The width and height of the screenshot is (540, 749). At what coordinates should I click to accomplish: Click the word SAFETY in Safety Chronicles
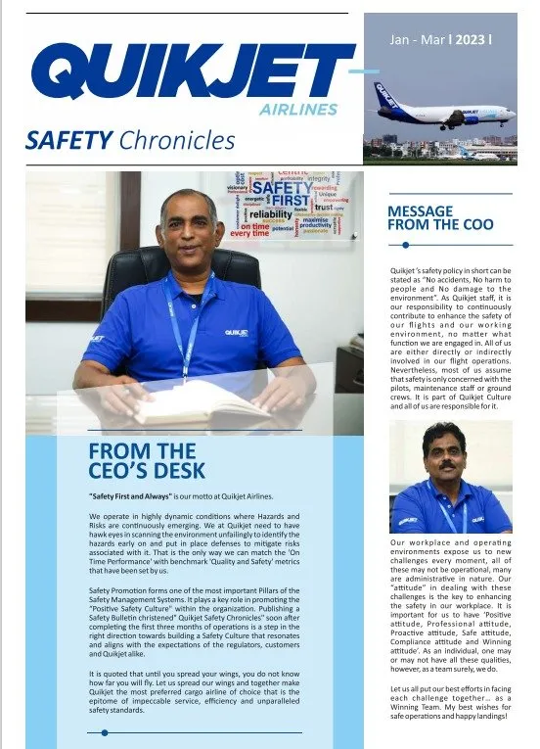(69, 141)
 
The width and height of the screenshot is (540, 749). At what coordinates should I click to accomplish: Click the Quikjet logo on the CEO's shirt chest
(236, 332)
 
